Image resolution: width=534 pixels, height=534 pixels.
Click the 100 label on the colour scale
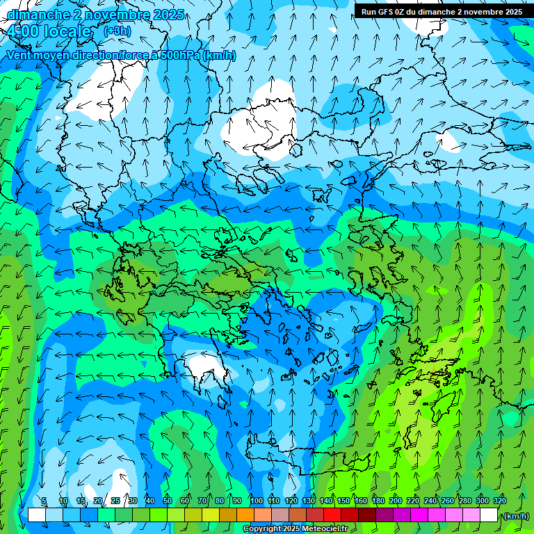[x=257, y=501]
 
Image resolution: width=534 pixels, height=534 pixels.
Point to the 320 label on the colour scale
[x=499, y=501]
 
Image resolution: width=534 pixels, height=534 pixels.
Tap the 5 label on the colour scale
[x=44, y=501]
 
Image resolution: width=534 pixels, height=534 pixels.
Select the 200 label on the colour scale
[x=396, y=501]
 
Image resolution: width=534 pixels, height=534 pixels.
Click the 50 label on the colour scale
[x=168, y=501]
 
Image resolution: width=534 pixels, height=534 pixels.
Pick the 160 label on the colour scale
[x=361, y=501]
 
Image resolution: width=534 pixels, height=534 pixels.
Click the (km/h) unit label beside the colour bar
[x=516, y=516]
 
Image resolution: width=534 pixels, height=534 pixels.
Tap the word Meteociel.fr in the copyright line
[x=325, y=529]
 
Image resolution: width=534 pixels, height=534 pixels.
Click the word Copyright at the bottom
[x=262, y=529]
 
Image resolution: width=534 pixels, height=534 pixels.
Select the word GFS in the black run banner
[x=389, y=11]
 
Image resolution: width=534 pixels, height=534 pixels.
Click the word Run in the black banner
[x=369, y=11]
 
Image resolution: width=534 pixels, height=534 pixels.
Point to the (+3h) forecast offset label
[x=117, y=31]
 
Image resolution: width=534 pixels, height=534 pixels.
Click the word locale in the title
[x=67, y=31]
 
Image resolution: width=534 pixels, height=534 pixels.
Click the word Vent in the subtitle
[x=20, y=56]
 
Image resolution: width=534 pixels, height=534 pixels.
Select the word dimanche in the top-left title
[x=35, y=14]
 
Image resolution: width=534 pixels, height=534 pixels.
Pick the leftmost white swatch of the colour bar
[x=37, y=515]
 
